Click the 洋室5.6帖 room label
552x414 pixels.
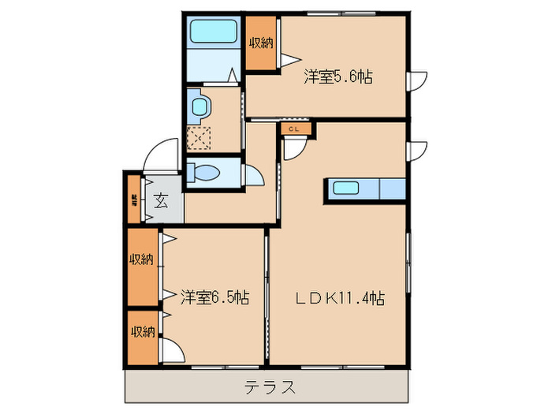pyautogui.click(x=338, y=76)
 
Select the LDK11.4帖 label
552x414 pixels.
pyautogui.click(x=340, y=299)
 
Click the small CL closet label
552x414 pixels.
pyautogui.click(x=293, y=129)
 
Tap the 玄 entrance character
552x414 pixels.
pyautogui.click(x=161, y=200)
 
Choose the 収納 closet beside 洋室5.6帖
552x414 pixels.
pyautogui.click(x=261, y=43)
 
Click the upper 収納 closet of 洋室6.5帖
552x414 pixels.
pyautogui.click(x=142, y=259)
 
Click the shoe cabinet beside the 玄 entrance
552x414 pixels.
pyautogui.click(x=134, y=200)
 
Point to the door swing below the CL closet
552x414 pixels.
pyautogui.click(x=296, y=147)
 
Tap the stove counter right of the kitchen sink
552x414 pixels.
pyautogui.click(x=393, y=189)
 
